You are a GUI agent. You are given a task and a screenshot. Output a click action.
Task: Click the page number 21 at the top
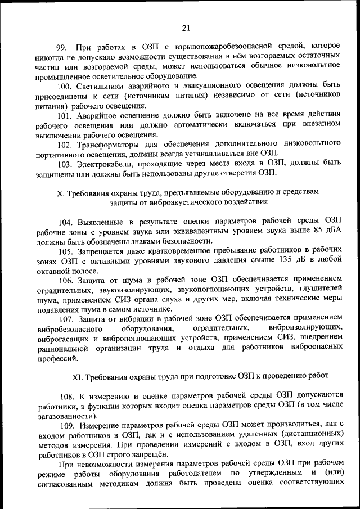point(187,28)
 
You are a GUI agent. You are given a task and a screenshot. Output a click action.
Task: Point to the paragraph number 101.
point(66,116)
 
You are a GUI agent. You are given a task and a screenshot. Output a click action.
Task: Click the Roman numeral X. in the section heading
point(61,192)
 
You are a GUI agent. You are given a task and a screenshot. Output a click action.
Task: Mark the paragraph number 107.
point(66,318)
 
